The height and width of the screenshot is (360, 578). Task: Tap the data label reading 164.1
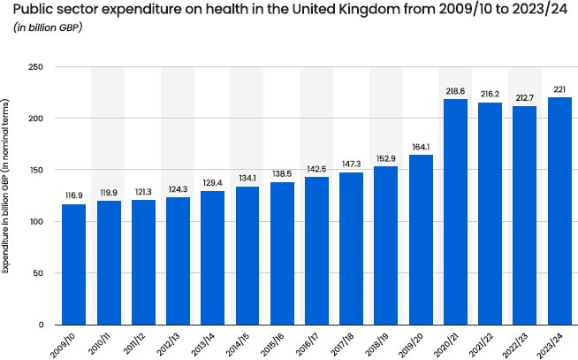pyautogui.click(x=421, y=148)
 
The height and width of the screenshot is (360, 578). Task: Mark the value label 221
pyautogui.click(x=559, y=89)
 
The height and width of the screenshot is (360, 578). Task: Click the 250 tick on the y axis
pyautogui.click(x=36, y=67)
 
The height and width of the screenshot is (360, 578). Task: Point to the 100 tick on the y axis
pyautogui.click(x=36, y=222)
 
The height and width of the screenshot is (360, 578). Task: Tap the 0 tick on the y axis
pyautogui.click(x=41, y=325)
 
